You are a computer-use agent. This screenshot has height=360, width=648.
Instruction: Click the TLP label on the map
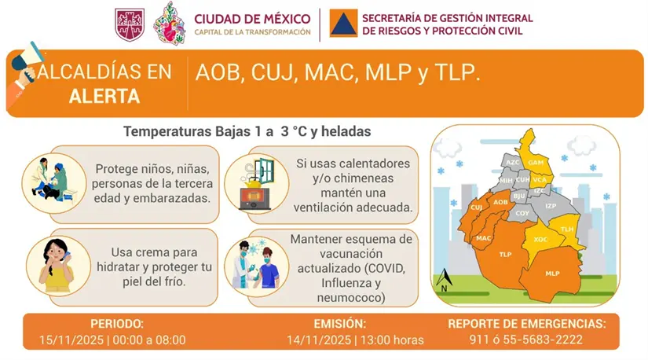click(505, 255)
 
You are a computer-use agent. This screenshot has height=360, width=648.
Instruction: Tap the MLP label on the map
click(552, 274)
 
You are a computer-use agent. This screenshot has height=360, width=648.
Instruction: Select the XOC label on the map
click(540, 238)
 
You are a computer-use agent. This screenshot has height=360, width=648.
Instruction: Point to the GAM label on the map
click(536, 162)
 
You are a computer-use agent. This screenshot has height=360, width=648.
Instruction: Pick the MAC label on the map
click(484, 237)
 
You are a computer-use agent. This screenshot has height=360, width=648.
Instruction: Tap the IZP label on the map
click(551, 206)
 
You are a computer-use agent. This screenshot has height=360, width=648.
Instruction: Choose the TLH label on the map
click(568, 228)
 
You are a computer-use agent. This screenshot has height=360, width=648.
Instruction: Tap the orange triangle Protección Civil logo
click(342, 24)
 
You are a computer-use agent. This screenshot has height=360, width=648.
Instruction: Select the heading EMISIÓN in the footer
click(339, 323)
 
